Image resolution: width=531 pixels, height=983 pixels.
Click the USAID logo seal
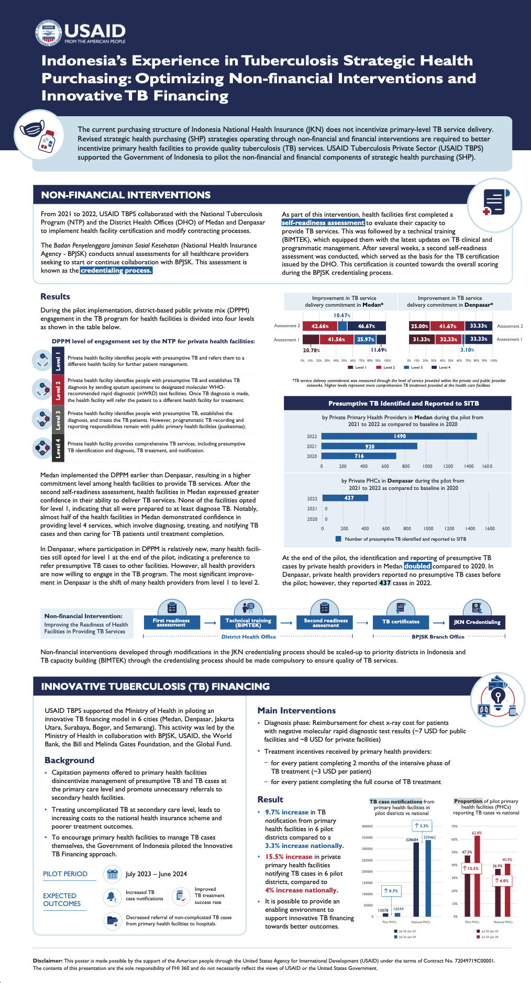[x=48, y=33]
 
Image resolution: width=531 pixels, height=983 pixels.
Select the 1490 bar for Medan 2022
[x=399, y=436]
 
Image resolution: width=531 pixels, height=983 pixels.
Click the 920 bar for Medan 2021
[x=369, y=446]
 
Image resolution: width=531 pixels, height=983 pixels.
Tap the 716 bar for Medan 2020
[x=359, y=456]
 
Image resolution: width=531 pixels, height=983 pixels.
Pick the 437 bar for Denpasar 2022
[x=345, y=498]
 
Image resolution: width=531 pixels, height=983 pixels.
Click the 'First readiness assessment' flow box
[x=171, y=622]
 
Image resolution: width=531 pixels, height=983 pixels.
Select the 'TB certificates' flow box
[x=401, y=622]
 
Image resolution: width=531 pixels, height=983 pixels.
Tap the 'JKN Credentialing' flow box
[x=477, y=622]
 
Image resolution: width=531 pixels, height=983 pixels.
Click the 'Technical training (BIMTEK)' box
[x=248, y=622]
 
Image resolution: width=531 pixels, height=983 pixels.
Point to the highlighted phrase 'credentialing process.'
[x=116, y=271]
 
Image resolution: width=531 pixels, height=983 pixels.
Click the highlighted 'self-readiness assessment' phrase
[x=323, y=223]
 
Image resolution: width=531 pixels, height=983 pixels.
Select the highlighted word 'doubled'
[x=417, y=566]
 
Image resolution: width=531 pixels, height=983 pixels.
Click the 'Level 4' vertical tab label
[x=58, y=449]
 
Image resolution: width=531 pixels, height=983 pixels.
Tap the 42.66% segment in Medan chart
[x=320, y=326]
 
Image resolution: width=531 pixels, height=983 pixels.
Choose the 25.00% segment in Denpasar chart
[x=419, y=326]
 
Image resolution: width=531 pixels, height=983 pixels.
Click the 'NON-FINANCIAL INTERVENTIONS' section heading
[x=126, y=195]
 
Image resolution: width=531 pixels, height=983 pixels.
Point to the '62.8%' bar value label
[x=477, y=833]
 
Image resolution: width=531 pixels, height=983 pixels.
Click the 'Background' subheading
[x=69, y=760]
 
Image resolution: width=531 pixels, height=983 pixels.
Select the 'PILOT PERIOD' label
[x=65, y=874]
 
